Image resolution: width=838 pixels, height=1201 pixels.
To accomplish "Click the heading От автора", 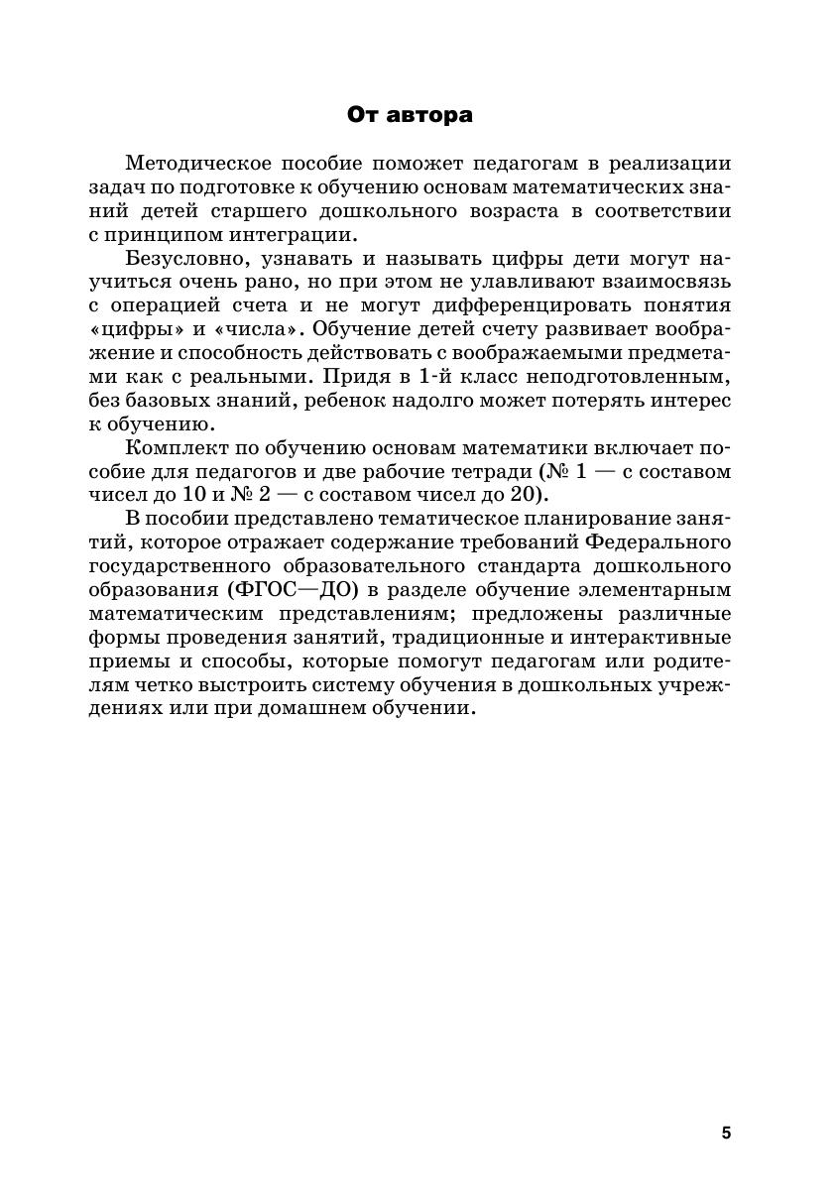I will pyautogui.click(x=410, y=115).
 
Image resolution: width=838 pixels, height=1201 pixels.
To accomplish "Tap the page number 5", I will pyautogui.click(x=726, y=1134).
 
